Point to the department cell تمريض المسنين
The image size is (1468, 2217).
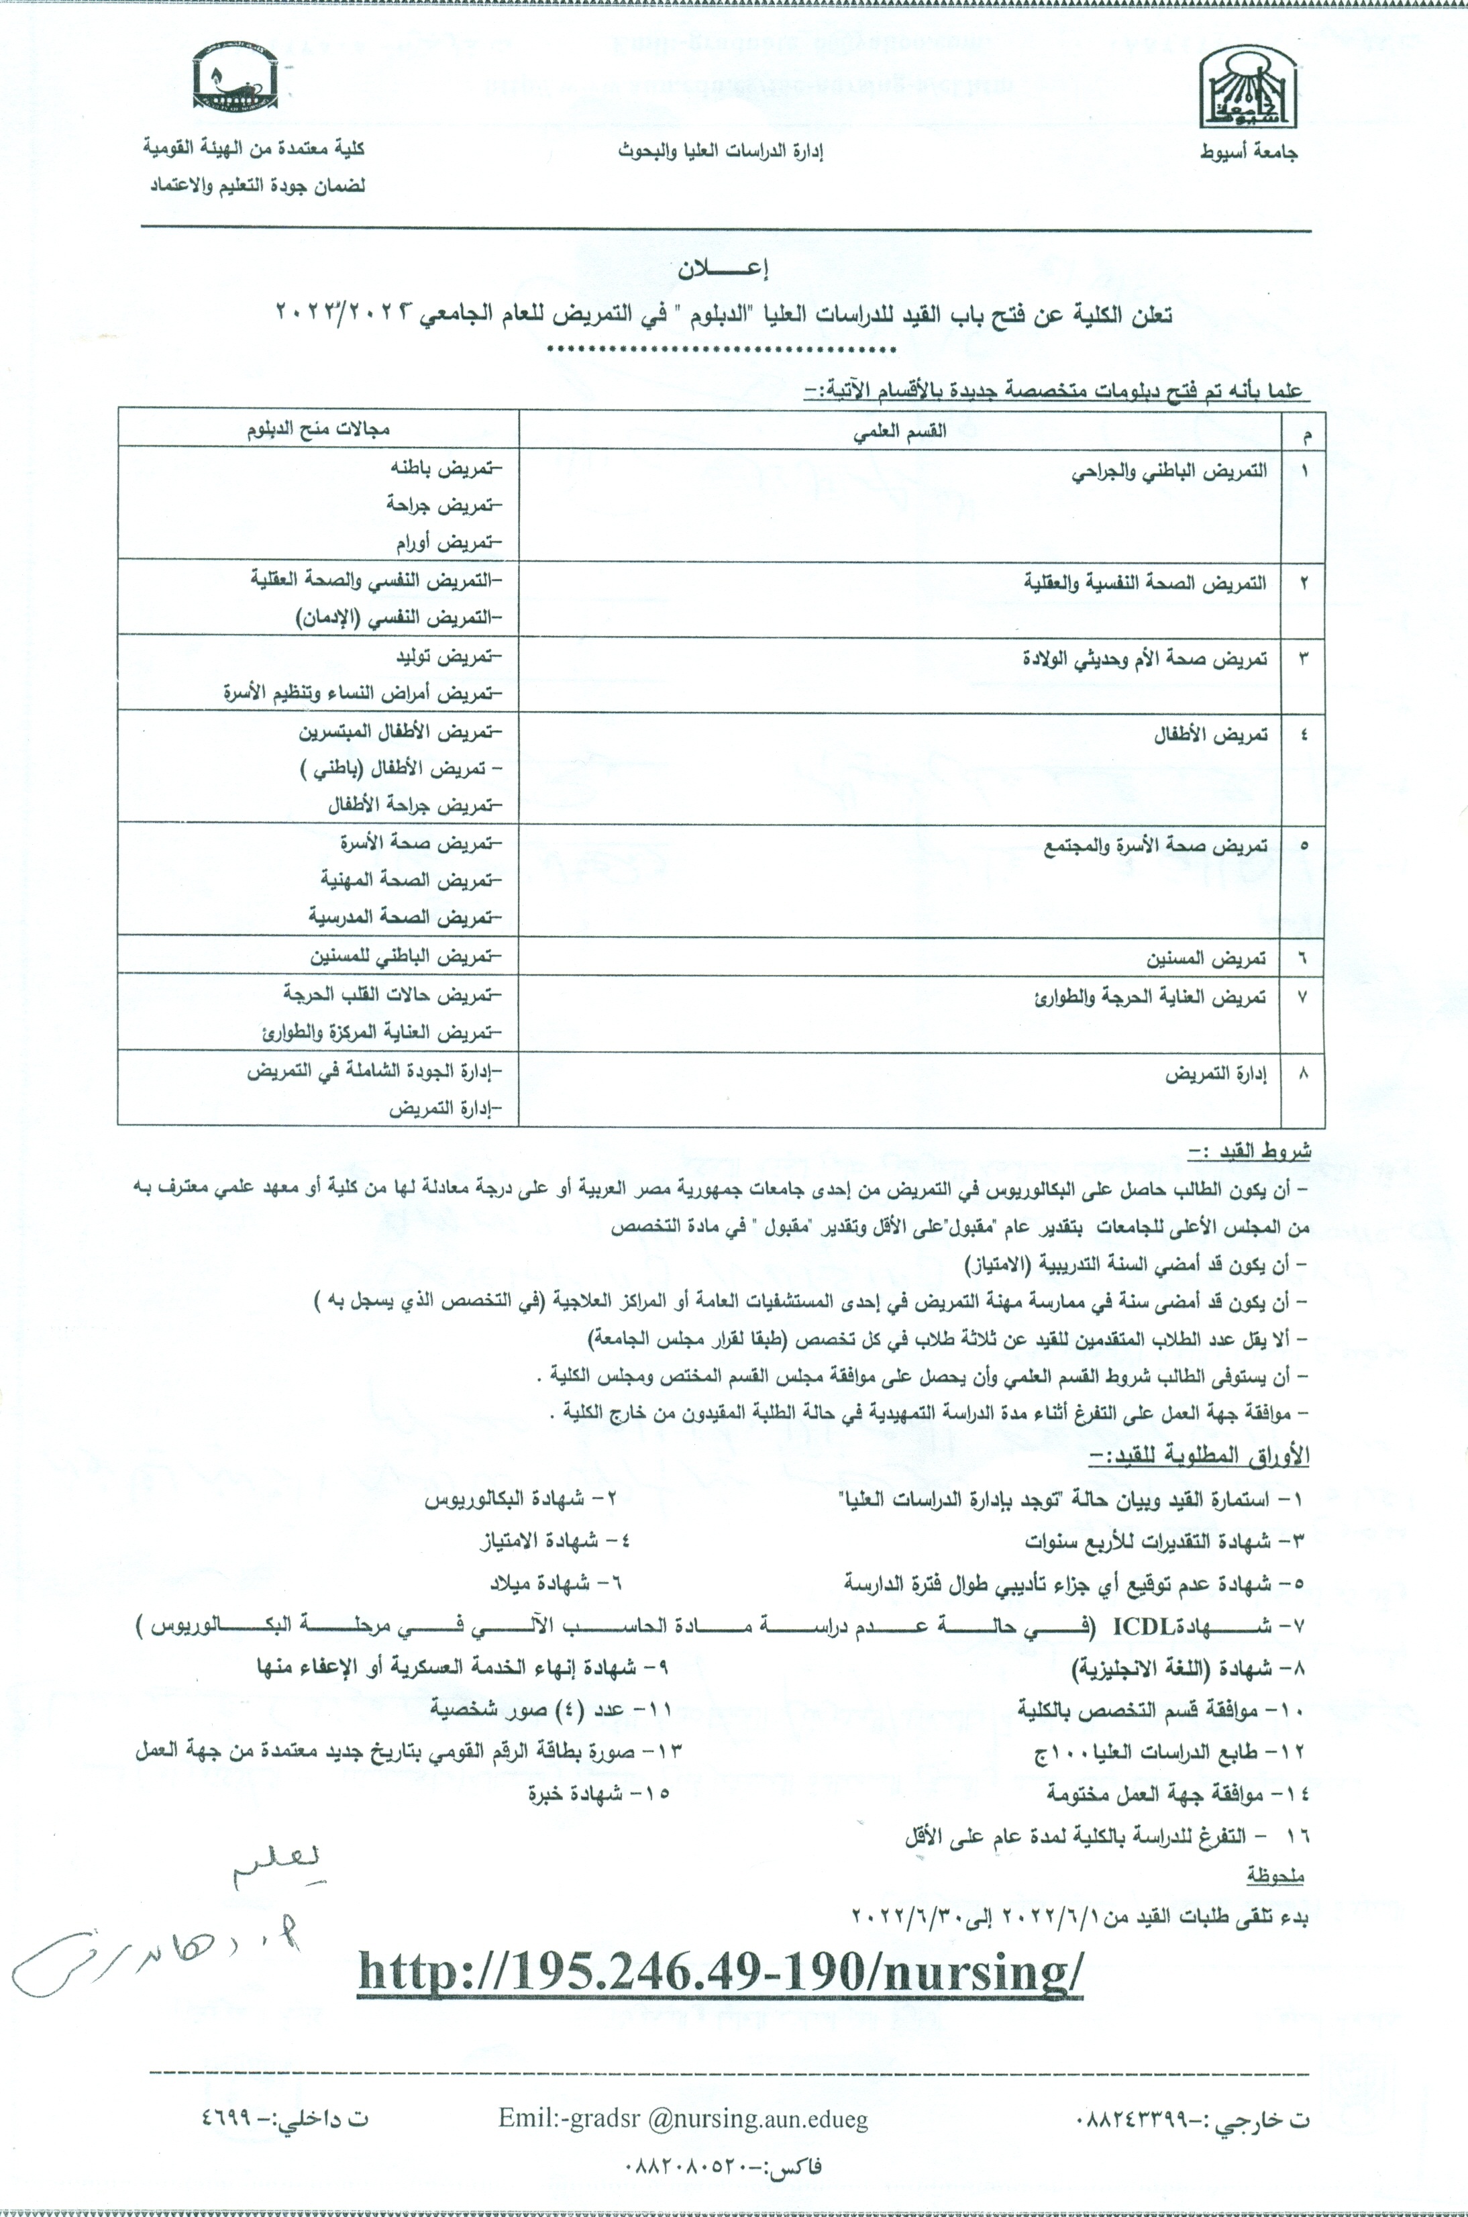point(1207,959)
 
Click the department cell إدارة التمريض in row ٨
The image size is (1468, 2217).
point(1215,1076)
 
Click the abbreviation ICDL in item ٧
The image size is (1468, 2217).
point(1137,1627)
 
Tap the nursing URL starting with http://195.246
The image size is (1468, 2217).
point(720,1973)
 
